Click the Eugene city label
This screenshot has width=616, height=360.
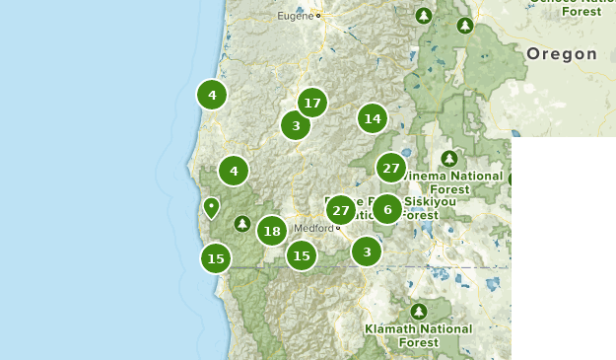pyautogui.click(x=295, y=16)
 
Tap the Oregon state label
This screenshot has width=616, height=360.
pyautogui.click(x=562, y=54)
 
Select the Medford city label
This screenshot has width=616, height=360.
pyautogui.click(x=313, y=228)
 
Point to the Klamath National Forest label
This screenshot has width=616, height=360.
pyautogui.click(x=418, y=335)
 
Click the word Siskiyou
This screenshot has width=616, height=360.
pyautogui.click(x=432, y=201)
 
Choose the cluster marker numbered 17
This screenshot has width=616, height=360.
pyautogui.click(x=312, y=103)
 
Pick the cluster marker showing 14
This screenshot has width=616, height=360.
pyautogui.click(x=372, y=119)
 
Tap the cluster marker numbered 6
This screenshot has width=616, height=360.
pyautogui.click(x=387, y=209)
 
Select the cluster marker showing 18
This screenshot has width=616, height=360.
pyautogui.click(x=272, y=231)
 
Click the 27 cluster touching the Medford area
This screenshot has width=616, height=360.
pyautogui.click(x=341, y=210)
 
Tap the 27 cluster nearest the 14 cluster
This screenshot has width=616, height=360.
pyautogui.click(x=391, y=168)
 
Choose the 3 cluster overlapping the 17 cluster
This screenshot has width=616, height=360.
pyautogui.click(x=296, y=125)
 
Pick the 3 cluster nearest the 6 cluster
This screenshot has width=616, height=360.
pyautogui.click(x=367, y=252)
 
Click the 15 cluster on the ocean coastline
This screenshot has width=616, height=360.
pyautogui.click(x=216, y=259)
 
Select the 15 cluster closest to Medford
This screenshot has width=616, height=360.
pyautogui.click(x=302, y=255)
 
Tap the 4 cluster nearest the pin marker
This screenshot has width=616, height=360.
pyautogui.click(x=234, y=171)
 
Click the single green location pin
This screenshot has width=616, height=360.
pyautogui.click(x=211, y=207)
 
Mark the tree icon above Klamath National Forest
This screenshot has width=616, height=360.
pyautogui.click(x=418, y=311)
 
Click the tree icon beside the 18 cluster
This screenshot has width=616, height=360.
pyautogui.click(x=241, y=224)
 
